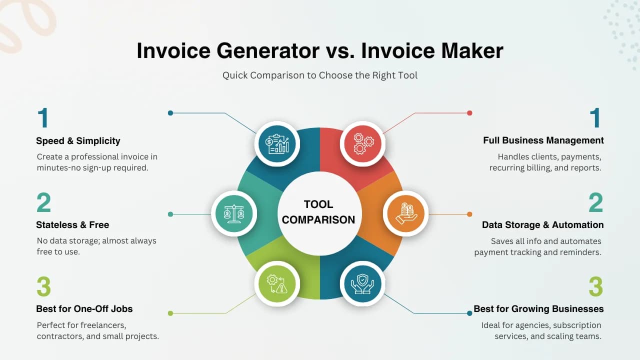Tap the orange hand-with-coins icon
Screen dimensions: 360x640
405,213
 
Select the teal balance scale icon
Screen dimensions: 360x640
234,213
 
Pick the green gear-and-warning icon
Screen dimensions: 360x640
277,283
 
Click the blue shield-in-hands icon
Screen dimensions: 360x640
362,283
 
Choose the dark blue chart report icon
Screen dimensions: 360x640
277,143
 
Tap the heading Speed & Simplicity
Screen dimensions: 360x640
78,141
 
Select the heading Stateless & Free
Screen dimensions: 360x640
72,225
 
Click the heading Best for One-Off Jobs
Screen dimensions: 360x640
84,309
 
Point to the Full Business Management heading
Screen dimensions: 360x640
543,140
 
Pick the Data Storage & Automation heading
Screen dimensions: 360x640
542,225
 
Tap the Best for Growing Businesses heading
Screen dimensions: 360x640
538,309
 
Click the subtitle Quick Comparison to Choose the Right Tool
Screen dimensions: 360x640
320,75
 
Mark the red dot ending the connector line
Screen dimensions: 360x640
469,113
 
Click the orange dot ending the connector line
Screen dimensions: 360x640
469,214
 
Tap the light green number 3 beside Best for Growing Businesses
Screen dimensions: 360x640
595,287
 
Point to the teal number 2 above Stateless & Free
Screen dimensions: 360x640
44,203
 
